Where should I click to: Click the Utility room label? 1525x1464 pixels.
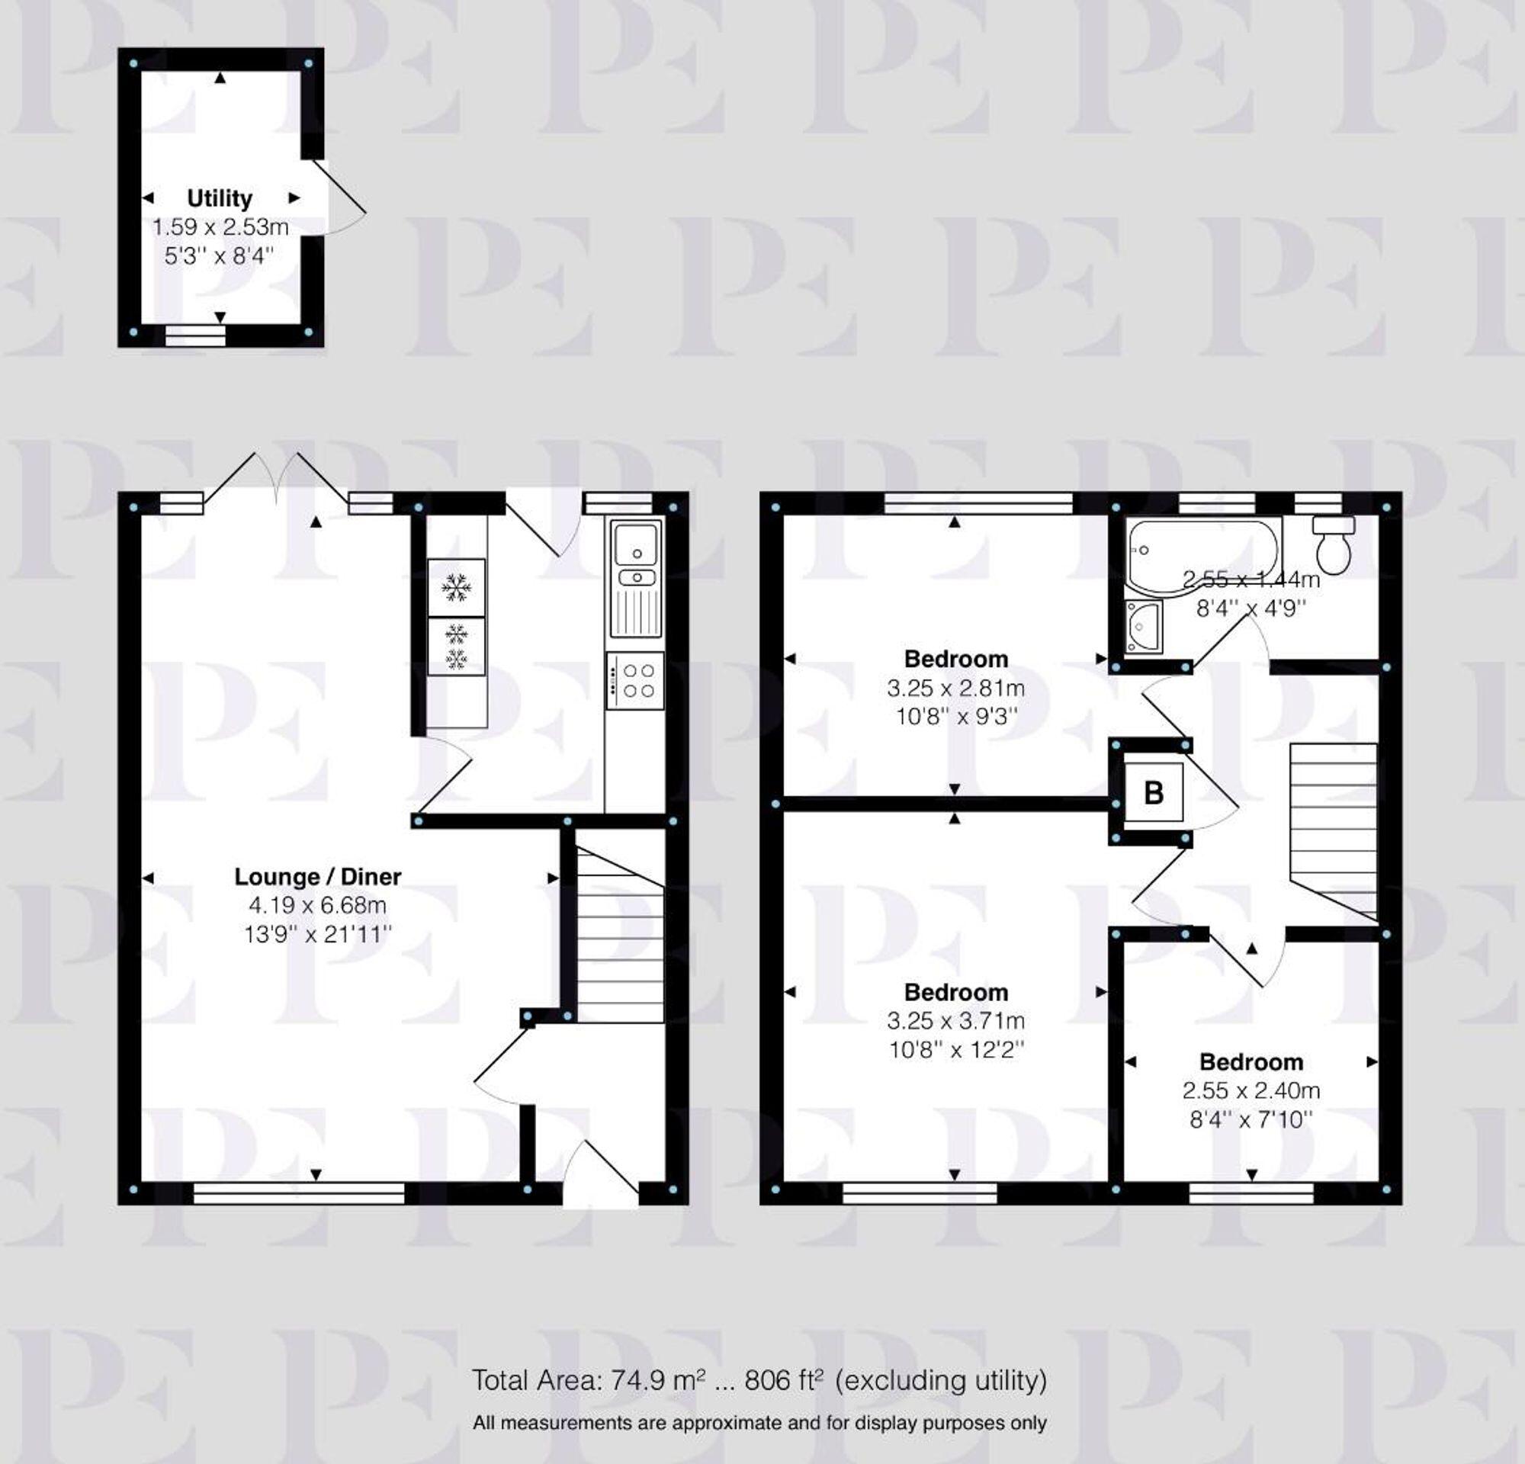(220, 198)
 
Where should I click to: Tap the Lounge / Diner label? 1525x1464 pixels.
(317, 877)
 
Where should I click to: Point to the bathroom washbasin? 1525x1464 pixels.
(1143, 625)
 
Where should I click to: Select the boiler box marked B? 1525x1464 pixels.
(1154, 793)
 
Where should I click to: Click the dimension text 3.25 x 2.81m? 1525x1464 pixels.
(955, 688)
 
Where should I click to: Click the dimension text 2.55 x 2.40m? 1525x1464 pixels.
(1250, 1090)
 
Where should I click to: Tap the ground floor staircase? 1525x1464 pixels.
(620, 933)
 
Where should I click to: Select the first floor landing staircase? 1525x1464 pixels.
(1333, 831)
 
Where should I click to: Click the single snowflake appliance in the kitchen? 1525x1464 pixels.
(456, 587)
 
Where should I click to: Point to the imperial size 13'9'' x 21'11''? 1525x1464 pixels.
(317, 934)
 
